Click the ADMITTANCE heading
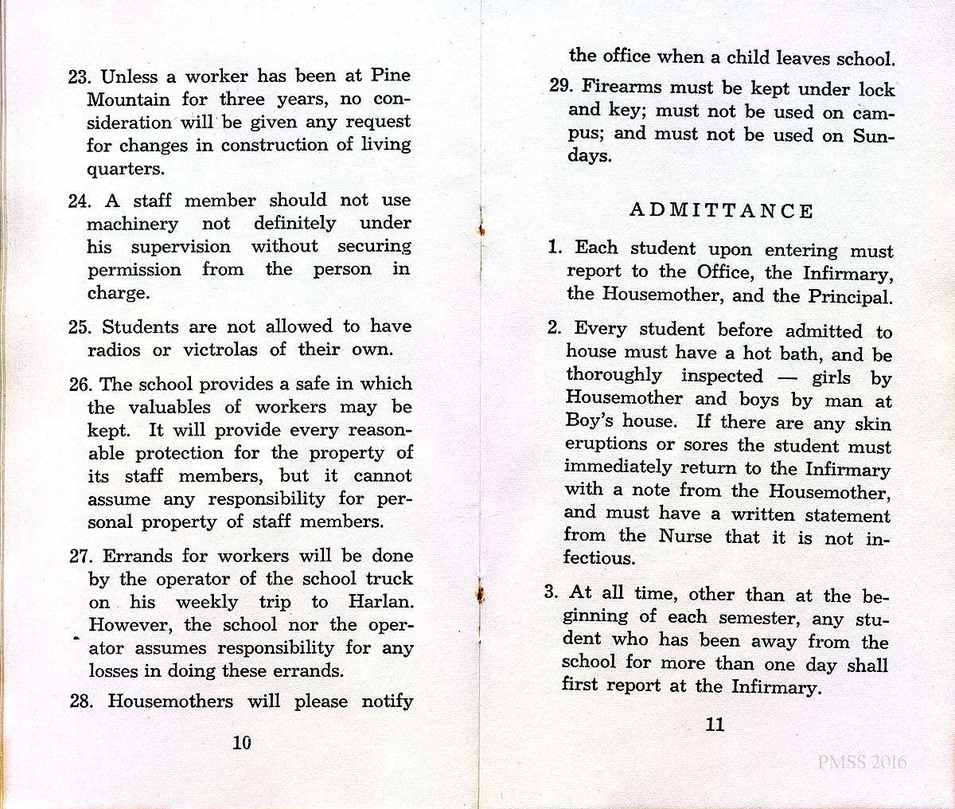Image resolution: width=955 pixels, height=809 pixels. pyautogui.click(x=721, y=211)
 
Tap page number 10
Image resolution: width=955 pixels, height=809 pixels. pyautogui.click(x=241, y=742)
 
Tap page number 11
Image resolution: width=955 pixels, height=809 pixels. pyautogui.click(x=715, y=725)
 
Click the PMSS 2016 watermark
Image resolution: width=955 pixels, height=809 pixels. pyautogui.click(x=862, y=762)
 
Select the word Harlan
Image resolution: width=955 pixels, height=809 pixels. pyautogui.click(x=381, y=602)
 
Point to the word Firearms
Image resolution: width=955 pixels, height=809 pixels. pyautogui.click(x=622, y=87)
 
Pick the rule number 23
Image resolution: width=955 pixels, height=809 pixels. pyautogui.click(x=81, y=77)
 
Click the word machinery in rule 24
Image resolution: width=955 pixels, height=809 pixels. pyautogui.click(x=132, y=224)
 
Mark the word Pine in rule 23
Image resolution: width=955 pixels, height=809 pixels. pyautogui.click(x=390, y=76)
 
